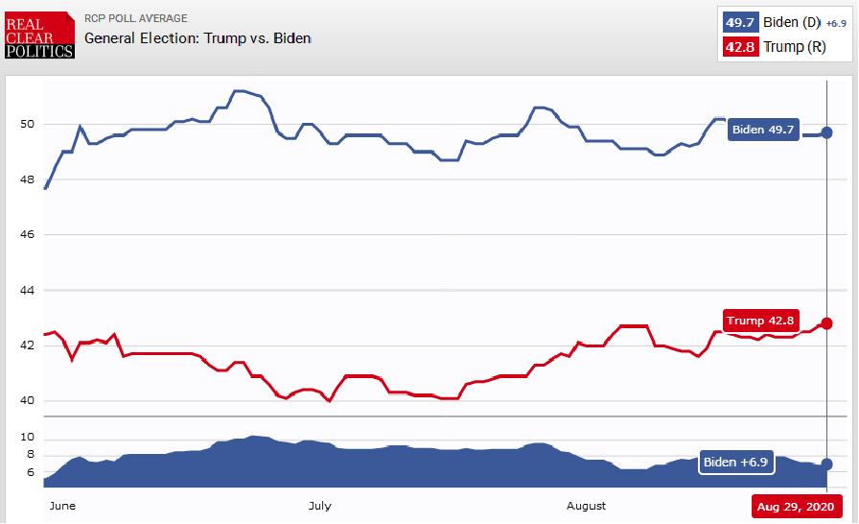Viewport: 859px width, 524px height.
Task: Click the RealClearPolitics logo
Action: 38,35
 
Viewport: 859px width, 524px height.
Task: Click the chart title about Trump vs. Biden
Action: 197,38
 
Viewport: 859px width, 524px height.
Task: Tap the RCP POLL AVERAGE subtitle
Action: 136,18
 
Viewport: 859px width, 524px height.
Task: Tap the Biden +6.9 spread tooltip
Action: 736,462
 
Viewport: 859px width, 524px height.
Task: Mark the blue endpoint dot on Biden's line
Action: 826,132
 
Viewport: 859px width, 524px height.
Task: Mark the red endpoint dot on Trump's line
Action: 826,323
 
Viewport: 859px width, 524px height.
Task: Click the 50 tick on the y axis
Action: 27,124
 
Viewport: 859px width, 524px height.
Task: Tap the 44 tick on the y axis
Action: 27,290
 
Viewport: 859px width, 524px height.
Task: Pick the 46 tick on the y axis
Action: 27,234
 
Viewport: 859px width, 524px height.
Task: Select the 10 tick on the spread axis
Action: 27,437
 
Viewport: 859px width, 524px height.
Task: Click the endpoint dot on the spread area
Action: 826,464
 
